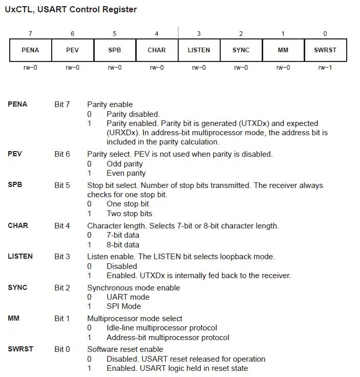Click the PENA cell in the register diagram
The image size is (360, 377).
(30, 50)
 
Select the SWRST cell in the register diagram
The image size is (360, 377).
(325, 50)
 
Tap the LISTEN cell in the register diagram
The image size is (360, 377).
(199, 50)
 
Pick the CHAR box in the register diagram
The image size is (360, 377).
(157, 50)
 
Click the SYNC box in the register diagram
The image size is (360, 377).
(241, 50)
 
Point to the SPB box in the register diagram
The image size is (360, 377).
(114, 50)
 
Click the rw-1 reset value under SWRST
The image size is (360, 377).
(325, 68)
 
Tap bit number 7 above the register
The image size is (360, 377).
(30, 34)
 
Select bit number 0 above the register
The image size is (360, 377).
(325, 34)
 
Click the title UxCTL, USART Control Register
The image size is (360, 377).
(71, 10)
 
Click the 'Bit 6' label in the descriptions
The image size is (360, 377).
(62, 154)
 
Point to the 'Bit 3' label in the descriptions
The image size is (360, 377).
(62, 256)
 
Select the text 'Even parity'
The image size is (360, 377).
(126, 173)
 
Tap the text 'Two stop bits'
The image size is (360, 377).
(129, 214)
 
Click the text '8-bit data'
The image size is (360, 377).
(123, 245)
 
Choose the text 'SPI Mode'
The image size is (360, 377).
(123, 306)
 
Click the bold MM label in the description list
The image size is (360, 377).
(14, 318)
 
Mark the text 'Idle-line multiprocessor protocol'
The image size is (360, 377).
(162, 328)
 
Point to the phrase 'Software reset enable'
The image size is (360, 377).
(125, 349)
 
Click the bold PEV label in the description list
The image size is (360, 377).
(15, 154)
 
